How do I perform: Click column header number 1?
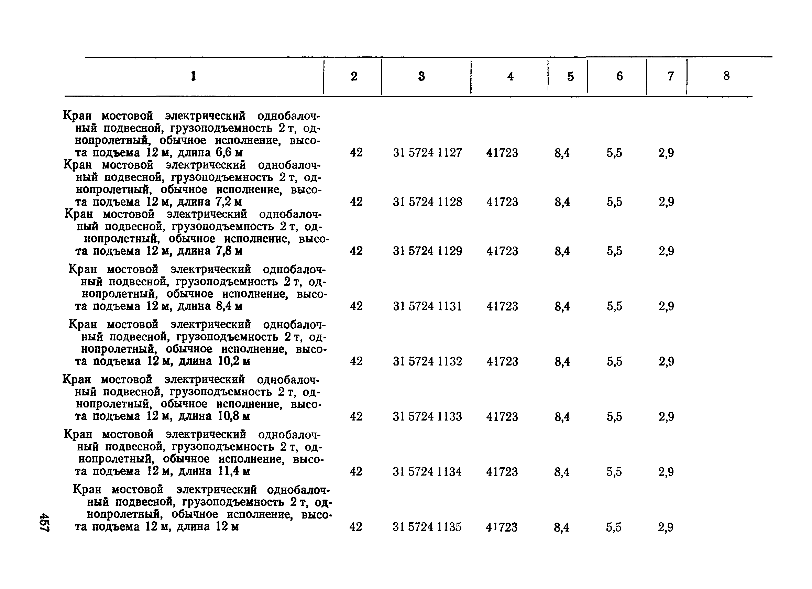point(193,76)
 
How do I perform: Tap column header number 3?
point(421,76)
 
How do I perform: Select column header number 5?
point(570,76)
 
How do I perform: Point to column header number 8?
point(726,76)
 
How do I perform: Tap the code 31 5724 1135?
point(427,527)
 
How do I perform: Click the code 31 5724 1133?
point(427,416)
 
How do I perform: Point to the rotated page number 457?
point(45,522)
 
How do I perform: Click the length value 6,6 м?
point(229,153)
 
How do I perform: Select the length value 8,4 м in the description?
point(229,306)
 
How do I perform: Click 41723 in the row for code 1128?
point(502,202)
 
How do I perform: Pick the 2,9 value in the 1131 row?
point(666,306)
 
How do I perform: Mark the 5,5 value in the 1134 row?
point(614,471)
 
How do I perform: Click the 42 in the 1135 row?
point(356,527)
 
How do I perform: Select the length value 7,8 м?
point(229,251)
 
